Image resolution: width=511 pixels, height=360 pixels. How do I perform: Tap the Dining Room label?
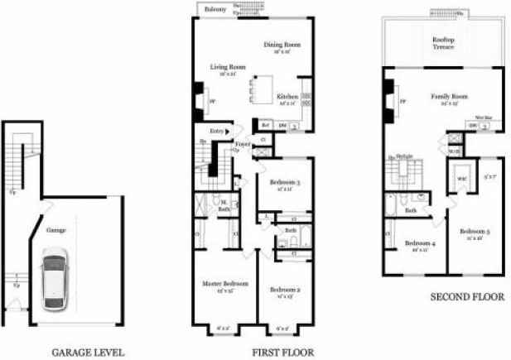click(x=282, y=45)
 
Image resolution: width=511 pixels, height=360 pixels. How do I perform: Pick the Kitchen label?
click(x=287, y=95)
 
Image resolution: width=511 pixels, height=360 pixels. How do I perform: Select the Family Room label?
click(x=444, y=98)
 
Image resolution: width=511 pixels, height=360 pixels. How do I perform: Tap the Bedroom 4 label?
click(x=417, y=243)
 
